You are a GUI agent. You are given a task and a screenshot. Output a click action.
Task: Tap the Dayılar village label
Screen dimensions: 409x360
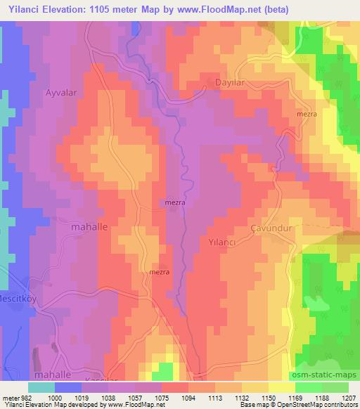click(229, 82)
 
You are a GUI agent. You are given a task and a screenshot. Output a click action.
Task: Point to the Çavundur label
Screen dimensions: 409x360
click(270, 228)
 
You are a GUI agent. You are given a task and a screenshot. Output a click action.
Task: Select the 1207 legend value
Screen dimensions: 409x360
click(349, 397)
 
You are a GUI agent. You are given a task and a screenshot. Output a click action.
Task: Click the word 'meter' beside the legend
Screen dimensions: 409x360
click(8, 397)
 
